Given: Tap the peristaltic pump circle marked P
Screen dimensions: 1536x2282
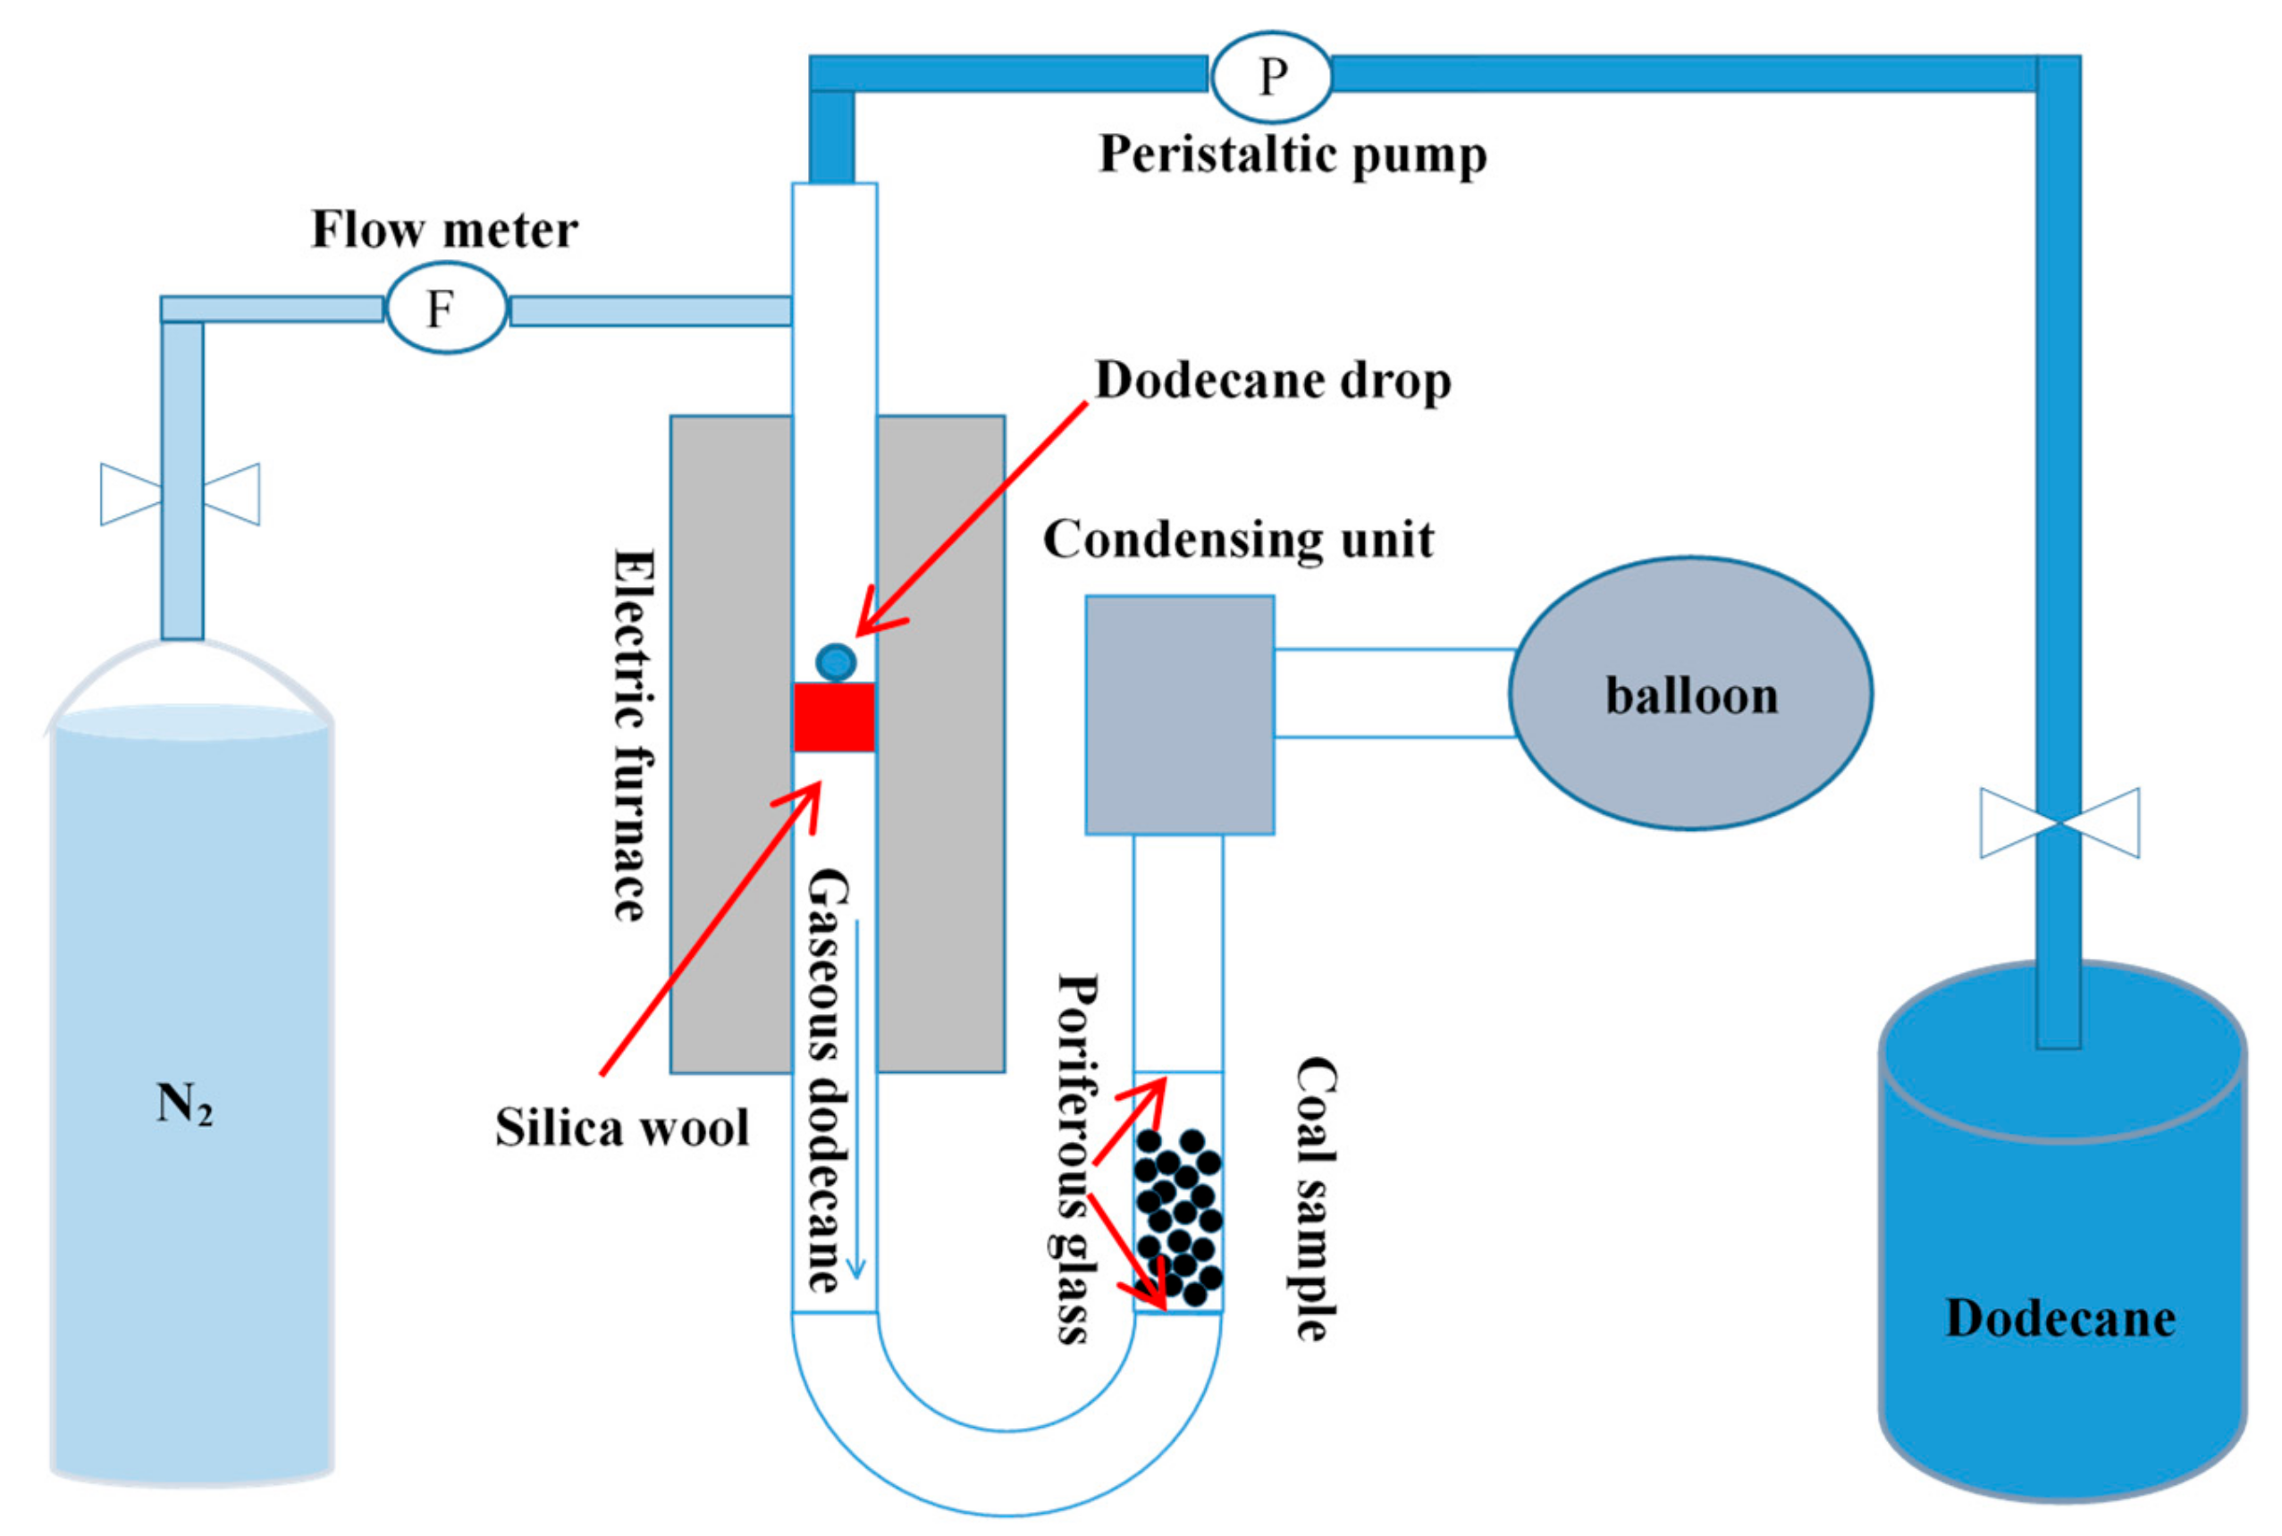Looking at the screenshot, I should [x=1271, y=75].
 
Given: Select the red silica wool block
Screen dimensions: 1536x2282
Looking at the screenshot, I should [x=834, y=717].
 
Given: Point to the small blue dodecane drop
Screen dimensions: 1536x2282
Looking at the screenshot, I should [x=836, y=662].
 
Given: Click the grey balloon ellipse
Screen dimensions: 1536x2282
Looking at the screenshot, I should [x=1690, y=693].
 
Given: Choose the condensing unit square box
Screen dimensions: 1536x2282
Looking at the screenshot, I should [x=1179, y=715].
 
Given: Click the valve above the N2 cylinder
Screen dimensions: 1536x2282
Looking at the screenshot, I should [x=181, y=494].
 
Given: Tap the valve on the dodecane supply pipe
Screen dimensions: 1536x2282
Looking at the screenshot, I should [x=2059, y=823].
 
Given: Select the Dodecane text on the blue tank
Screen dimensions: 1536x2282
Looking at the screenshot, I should [x=2059, y=1319].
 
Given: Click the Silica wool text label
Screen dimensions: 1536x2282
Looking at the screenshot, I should [x=621, y=1128].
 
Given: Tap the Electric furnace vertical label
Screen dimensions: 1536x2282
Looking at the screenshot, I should [x=634, y=734].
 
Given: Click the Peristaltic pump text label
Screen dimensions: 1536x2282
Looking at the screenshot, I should [x=1293, y=155].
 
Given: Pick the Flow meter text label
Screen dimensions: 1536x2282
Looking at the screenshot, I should [x=444, y=231].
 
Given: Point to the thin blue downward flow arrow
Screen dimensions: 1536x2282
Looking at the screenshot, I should [x=856, y=1097].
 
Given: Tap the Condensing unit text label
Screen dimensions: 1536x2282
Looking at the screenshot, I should [x=1237, y=540].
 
